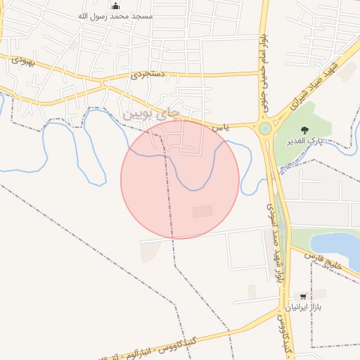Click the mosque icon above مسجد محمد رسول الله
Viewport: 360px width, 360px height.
point(115,5)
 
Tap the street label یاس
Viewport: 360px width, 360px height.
point(221,128)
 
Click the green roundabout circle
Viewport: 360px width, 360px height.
point(265,129)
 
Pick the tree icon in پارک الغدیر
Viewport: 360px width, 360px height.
point(304,129)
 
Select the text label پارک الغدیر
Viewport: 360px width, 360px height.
point(304,141)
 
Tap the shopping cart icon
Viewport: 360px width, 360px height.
point(303,297)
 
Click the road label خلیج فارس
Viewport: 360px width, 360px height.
point(323,263)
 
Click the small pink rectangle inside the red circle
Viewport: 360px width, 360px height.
point(202,211)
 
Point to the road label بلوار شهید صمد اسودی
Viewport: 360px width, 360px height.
point(276,239)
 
